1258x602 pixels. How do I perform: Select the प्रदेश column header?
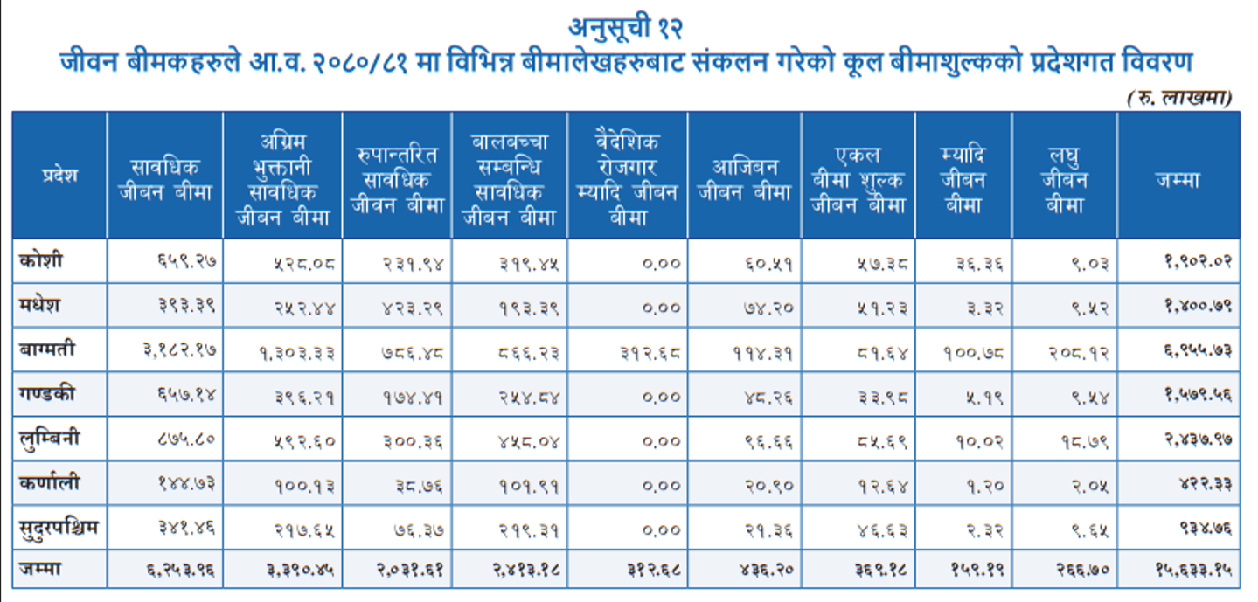[x=59, y=175]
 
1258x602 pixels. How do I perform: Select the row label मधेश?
[x=42, y=305]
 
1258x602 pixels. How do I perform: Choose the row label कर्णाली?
[x=49, y=481]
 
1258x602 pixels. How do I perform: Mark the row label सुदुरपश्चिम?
[x=59, y=526]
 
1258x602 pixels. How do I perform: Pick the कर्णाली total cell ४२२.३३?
[x=1206, y=483]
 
